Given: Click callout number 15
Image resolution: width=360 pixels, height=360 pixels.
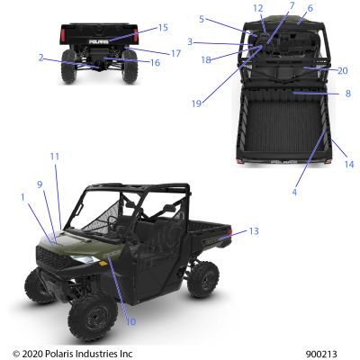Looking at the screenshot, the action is pyautogui.click(x=163, y=28).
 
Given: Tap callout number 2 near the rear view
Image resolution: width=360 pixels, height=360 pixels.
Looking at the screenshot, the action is pyautogui.click(x=41, y=58).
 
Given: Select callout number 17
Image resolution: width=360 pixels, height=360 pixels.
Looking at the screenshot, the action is pyautogui.click(x=175, y=53).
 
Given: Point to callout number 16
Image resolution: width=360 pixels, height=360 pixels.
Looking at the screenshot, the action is pyautogui.click(x=155, y=63).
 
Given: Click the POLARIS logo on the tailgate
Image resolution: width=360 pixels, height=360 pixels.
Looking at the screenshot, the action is pyautogui.click(x=98, y=41).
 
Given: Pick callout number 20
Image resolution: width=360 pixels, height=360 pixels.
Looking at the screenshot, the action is pyautogui.click(x=342, y=71).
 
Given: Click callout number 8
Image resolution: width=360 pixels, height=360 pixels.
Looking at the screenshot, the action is pyautogui.click(x=347, y=94).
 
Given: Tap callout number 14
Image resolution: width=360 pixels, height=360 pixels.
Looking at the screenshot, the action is pyautogui.click(x=349, y=165).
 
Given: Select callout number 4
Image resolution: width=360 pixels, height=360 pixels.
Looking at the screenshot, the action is pyautogui.click(x=294, y=192).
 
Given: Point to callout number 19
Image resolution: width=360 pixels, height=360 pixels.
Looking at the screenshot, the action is pyautogui.click(x=196, y=103).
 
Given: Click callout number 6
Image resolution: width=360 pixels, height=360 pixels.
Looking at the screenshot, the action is pyautogui.click(x=310, y=8).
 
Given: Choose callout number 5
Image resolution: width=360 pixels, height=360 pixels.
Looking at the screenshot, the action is pyautogui.click(x=202, y=19).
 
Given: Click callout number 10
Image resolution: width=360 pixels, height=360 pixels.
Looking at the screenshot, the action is pyautogui.click(x=130, y=321).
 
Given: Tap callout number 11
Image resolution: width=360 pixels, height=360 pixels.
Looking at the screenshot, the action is pyautogui.click(x=55, y=157).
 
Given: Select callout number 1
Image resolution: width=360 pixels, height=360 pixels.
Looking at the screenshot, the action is pyautogui.click(x=22, y=197).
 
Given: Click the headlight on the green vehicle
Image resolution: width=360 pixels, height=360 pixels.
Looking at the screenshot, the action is pyautogui.click(x=85, y=259).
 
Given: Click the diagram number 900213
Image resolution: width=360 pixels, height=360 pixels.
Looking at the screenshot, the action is pyautogui.click(x=321, y=354).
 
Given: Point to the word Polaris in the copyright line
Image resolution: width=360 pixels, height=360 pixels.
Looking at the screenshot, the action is pyautogui.click(x=59, y=354).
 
